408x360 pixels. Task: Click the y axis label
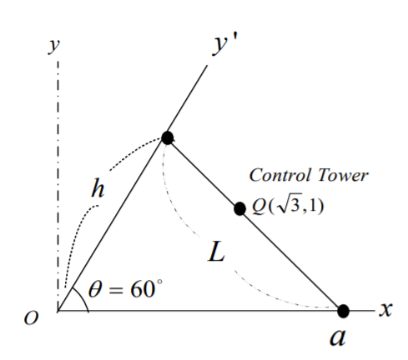[54, 46]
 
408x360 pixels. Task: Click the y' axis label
[224, 46]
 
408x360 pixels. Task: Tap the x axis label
[386, 309]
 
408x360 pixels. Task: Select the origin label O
[31, 317]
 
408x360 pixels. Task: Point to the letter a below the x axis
[338, 337]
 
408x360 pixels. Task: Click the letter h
[98, 188]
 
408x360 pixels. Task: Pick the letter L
[216, 252]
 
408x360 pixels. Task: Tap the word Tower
[343, 175]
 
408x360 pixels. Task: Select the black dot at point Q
[239, 208]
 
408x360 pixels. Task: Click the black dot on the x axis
[343, 311]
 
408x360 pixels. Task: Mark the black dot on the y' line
[168, 137]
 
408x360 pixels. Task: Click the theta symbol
[95, 289]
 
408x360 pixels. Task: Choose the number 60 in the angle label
[142, 289]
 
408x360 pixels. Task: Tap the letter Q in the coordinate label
[258, 207]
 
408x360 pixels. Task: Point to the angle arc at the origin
[83, 297]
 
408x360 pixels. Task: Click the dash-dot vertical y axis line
[58, 186]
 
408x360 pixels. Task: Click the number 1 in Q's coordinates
[315, 206]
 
